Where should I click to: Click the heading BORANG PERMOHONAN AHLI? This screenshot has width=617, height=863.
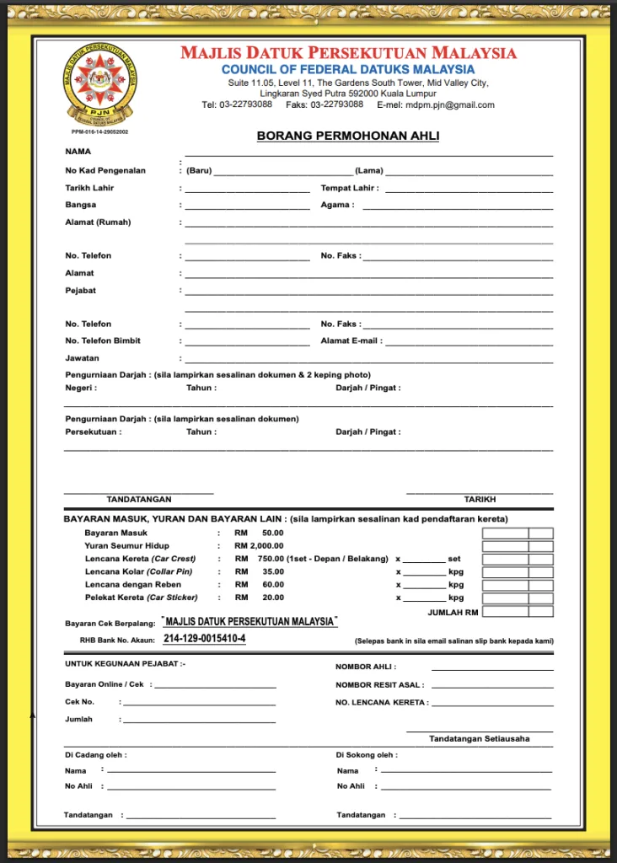[x=348, y=136]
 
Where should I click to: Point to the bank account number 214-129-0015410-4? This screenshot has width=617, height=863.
[x=205, y=639]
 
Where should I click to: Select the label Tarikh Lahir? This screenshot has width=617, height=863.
[x=89, y=188]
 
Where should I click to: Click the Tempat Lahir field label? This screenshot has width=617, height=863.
[x=349, y=188]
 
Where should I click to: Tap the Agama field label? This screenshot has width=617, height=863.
[x=336, y=205]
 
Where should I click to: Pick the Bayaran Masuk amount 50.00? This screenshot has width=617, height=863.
[x=272, y=533]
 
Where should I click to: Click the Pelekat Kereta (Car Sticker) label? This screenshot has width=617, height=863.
[x=141, y=598]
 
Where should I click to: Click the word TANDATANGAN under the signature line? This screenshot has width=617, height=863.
[x=139, y=500]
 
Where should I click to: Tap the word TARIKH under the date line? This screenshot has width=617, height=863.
[x=480, y=500]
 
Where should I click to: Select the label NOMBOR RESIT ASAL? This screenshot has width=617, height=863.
[x=379, y=685]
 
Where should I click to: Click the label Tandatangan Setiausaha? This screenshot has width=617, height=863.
[x=479, y=739]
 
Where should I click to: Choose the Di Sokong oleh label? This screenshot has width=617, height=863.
[x=367, y=755]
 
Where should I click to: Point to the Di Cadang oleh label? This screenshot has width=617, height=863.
[x=96, y=755]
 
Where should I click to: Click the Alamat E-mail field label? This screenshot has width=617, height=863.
[x=351, y=341]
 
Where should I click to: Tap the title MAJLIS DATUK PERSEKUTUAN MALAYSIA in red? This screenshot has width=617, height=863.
[x=348, y=53]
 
